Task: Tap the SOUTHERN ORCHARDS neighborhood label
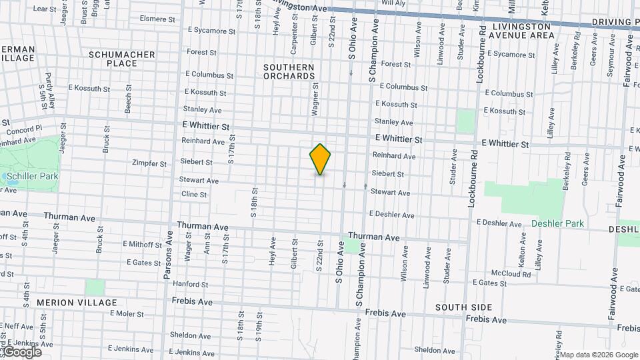tap(289, 72)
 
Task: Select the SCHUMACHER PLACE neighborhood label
tap(122, 59)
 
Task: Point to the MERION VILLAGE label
tap(68, 303)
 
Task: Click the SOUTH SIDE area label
tap(464, 307)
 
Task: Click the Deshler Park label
tap(557, 224)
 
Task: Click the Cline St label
tap(194, 195)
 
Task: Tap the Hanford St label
tap(191, 284)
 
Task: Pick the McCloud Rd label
tap(511, 274)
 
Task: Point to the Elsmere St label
tap(158, 19)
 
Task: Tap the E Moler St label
tap(127, 313)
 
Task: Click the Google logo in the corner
tap(21, 352)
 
